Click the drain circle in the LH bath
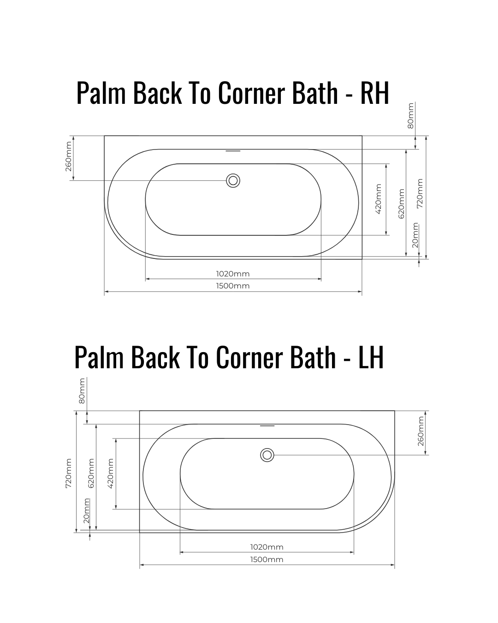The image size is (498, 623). tap(267, 455)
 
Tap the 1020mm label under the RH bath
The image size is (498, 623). tap(233, 274)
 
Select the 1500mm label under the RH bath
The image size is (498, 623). tap(233, 286)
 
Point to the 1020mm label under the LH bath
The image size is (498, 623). tap(267, 547)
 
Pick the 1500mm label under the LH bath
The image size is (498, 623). tap(267, 560)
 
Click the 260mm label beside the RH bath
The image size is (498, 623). tap(68, 156)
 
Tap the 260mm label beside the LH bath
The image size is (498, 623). tap(421, 431)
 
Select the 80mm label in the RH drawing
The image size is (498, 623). tap(410, 116)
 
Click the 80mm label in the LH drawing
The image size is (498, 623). tap(82, 391)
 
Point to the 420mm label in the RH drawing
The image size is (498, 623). tap(379, 199)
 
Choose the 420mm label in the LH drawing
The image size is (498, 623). tap(110, 473)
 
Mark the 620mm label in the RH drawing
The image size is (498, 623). tap(401, 204)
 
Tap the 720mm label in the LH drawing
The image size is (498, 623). tap(69, 473)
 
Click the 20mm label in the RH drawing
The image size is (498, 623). tap(415, 235)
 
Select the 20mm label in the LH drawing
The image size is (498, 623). tap(87, 511)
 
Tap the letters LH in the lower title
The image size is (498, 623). tap(371, 357)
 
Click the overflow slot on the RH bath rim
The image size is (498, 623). tap(233, 151)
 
